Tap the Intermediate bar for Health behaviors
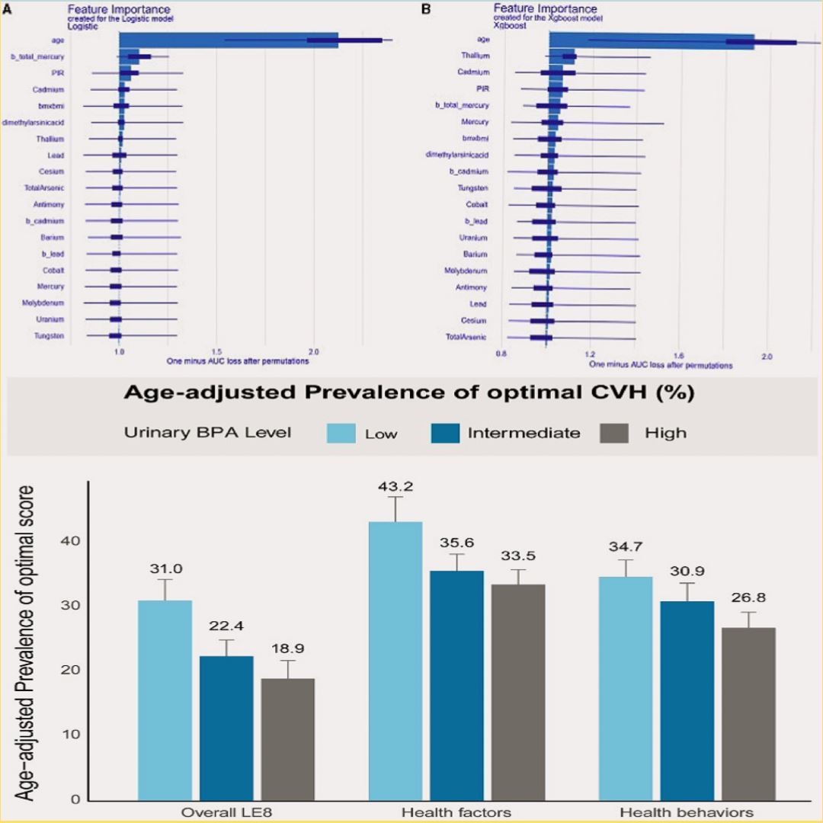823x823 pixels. (x=687, y=700)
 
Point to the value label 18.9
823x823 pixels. (x=287, y=648)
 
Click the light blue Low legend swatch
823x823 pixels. (x=341, y=433)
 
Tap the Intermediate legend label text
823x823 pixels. (x=524, y=433)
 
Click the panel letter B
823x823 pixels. (x=426, y=9)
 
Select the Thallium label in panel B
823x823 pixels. (x=475, y=56)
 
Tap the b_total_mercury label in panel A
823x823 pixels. (x=37, y=56)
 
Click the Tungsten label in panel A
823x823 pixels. (x=49, y=335)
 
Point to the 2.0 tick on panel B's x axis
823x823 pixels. (x=767, y=355)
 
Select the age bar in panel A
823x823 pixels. (x=229, y=40)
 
